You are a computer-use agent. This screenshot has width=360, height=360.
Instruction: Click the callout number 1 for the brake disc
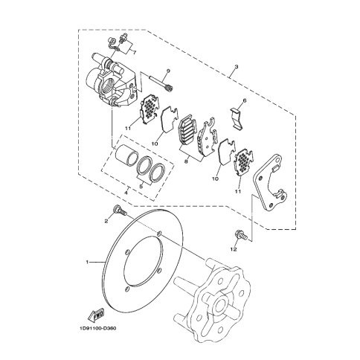(87, 262)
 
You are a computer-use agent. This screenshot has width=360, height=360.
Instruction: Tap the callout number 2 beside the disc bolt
(106, 221)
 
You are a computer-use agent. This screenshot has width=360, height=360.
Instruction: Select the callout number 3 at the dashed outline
(237, 67)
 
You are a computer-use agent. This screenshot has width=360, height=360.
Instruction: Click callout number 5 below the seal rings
(141, 187)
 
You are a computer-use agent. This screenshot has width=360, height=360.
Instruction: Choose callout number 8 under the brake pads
(187, 161)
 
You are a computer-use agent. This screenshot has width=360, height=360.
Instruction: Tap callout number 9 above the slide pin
(168, 71)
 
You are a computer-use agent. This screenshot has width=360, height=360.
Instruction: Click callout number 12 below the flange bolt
(234, 249)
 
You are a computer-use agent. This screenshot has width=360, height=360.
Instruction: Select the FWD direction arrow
(96, 315)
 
